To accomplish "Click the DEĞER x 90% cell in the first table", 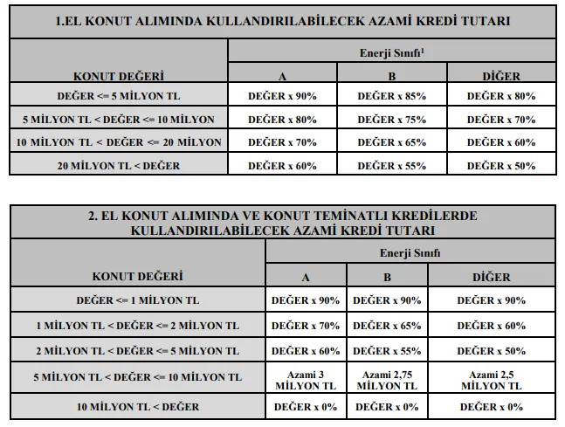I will click(x=282, y=96).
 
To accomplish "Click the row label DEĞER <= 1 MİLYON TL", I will click(x=137, y=300).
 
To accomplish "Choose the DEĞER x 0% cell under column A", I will click(x=306, y=407).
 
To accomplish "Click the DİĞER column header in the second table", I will click(x=492, y=278).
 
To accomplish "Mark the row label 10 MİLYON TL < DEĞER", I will click(x=137, y=407).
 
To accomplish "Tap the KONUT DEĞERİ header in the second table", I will click(x=137, y=276).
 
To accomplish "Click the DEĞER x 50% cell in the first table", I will click(x=501, y=164).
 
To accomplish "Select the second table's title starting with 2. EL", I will click(x=281, y=223).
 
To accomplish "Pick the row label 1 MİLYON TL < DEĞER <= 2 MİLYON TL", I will click(x=137, y=326).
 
